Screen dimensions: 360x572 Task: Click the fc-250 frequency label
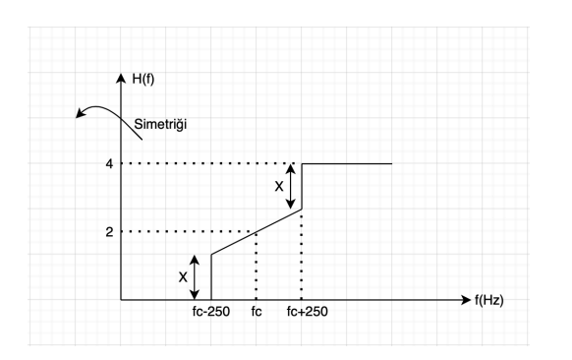[x=211, y=316]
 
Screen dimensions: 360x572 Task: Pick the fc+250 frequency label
[x=303, y=316]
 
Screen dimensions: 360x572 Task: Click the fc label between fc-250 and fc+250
[x=257, y=316]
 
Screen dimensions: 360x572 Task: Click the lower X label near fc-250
[x=183, y=276]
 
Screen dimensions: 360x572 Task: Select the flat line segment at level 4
[x=346, y=163]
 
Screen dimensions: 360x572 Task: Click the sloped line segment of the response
[x=256, y=232]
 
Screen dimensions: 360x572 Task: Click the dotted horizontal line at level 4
[x=206, y=163]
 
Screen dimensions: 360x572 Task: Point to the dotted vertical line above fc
[x=257, y=266]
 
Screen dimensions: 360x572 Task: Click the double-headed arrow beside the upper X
[x=291, y=185]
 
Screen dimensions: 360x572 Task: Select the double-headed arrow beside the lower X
[x=198, y=276]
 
